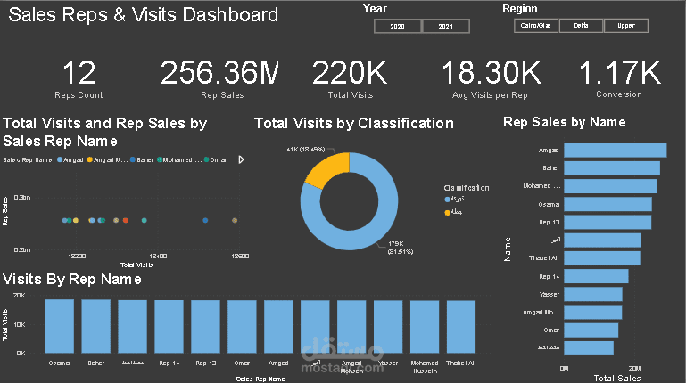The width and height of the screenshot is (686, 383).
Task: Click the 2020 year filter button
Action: pyautogui.click(x=398, y=27)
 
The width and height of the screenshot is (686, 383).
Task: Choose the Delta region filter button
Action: pyautogui.click(x=581, y=26)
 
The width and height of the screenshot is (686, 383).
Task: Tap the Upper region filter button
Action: pyautogui.click(x=625, y=26)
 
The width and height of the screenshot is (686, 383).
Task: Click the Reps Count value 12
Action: pyautogui.click(x=79, y=73)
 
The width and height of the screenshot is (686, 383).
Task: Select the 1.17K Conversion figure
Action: pyautogui.click(x=619, y=73)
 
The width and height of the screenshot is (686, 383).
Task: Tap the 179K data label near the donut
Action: pyautogui.click(x=396, y=243)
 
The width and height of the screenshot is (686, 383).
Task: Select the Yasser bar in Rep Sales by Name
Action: pyautogui.click(x=592, y=294)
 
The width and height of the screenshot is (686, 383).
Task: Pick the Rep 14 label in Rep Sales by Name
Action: pyautogui.click(x=550, y=276)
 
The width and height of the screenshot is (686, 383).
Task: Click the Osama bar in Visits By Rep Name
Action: pyautogui.click(x=60, y=326)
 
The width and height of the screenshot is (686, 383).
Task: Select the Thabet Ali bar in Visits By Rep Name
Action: pyautogui.click(x=461, y=326)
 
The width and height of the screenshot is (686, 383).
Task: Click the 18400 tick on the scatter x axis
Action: pyautogui.click(x=159, y=256)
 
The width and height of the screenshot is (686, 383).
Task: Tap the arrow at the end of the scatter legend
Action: pyautogui.click(x=240, y=159)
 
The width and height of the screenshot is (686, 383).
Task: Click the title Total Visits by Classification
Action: pyautogui.click(x=354, y=124)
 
